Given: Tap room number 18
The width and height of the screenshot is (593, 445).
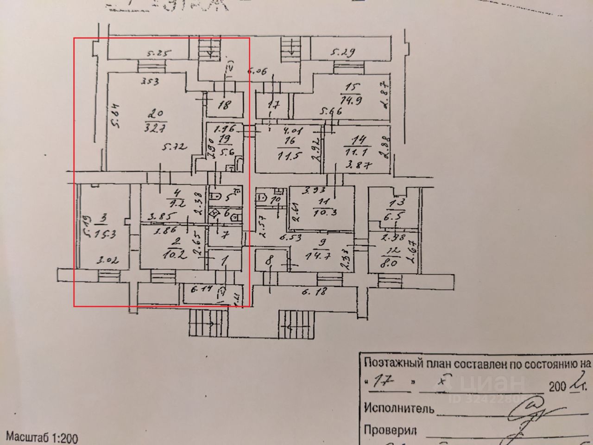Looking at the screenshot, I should coord(224,106).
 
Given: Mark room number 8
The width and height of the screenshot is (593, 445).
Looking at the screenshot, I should coord(269,261).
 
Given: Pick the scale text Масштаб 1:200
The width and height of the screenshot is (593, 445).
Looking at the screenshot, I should coord(42,437).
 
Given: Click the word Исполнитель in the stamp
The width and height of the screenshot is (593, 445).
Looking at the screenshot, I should coord(399,408).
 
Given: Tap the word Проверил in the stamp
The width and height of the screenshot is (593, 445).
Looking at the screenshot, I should coord(390,430).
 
